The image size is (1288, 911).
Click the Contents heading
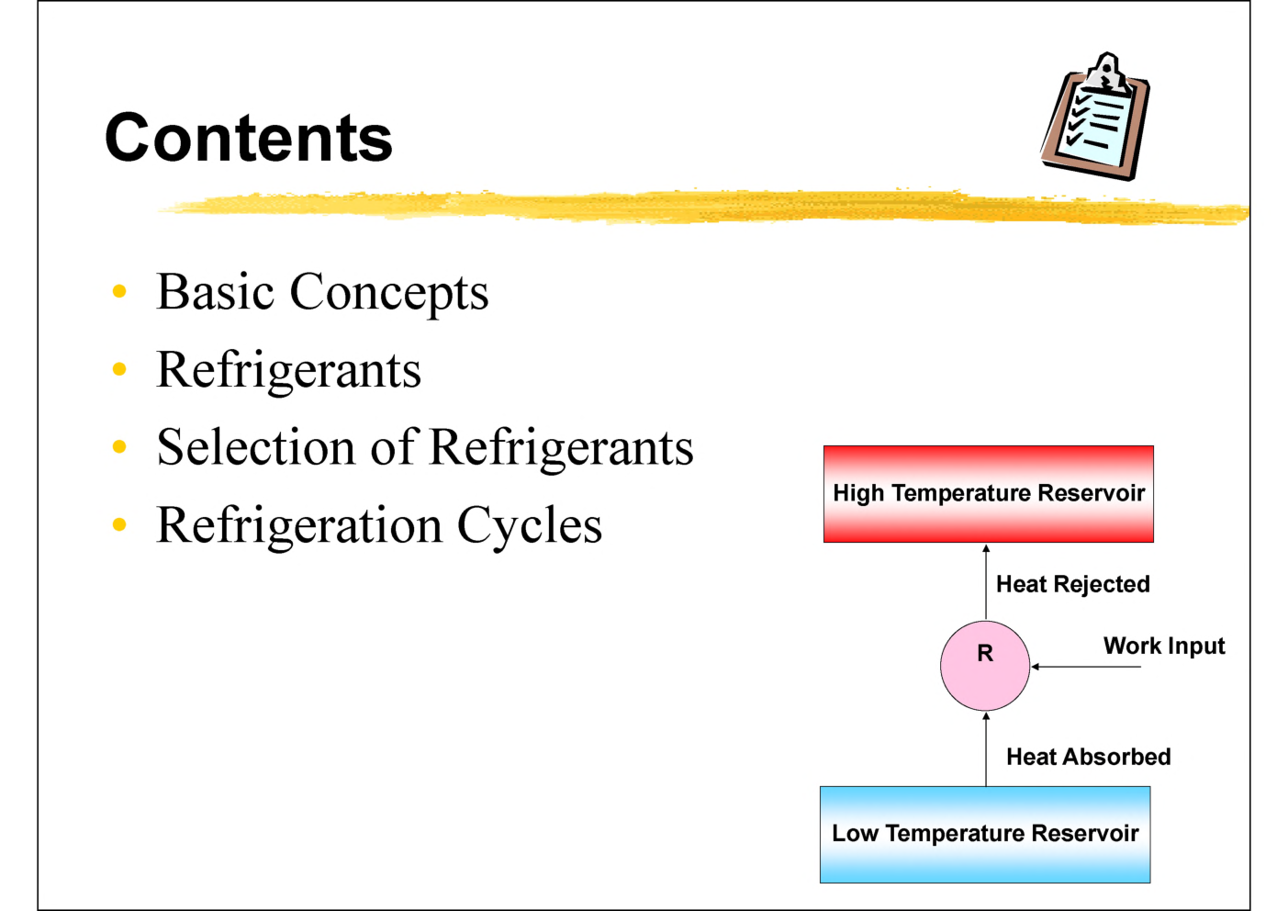[x=249, y=138]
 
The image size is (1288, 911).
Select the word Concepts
[x=389, y=294]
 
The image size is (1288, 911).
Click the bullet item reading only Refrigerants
[x=288, y=371]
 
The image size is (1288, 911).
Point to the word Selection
[x=255, y=447]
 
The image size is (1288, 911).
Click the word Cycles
[x=529, y=526]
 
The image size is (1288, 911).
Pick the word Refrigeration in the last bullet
[x=299, y=526]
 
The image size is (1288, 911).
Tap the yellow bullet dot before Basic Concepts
[x=118, y=292]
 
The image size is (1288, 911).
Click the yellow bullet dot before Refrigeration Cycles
[x=118, y=525]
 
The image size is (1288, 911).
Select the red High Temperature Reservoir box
[x=988, y=494]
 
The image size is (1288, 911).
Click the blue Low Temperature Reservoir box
[x=984, y=834]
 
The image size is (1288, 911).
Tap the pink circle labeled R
[x=984, y=666]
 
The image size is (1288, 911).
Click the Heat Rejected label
[x=1072, y=584]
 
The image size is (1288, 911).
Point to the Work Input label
[x=1163, y=646]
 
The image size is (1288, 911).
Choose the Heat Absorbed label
[x=1088, y=757]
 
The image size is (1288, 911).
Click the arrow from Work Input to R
[x=1085, y=667]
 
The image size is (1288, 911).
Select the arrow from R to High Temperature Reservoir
[x=986, y=583]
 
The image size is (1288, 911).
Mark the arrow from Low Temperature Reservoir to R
[x=986, y=748]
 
